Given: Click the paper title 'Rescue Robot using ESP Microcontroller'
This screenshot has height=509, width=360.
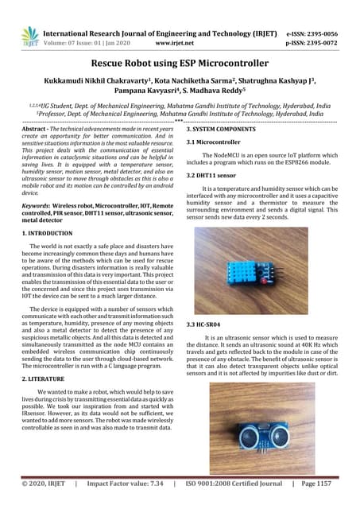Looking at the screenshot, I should tap(180, 64).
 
